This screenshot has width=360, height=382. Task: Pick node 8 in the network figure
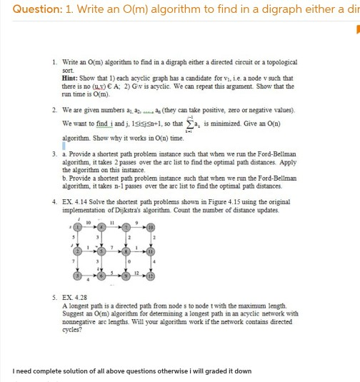129,252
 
